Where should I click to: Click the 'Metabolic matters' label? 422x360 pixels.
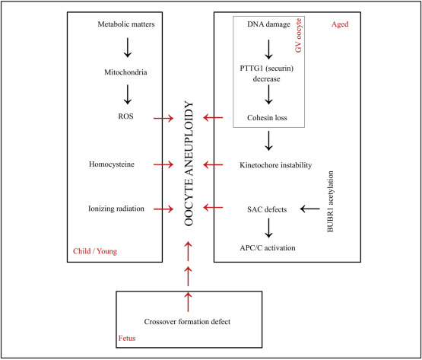[x=126, y=24]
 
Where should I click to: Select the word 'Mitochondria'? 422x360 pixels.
[x=125, y=72]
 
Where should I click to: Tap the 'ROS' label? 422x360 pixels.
[x=125, y=116]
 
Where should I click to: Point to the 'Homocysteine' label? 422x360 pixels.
[x=112, y=164]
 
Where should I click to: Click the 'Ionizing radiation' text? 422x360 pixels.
[x=116, y=209]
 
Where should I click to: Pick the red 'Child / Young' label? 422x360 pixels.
[x=95, y=251]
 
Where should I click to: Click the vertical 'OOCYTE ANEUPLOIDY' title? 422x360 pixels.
[x=189, y=164]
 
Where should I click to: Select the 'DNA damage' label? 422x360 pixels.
[x=268, y=24]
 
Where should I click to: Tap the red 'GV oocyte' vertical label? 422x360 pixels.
[x=299, y=35]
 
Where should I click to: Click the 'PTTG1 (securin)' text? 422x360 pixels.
[x=267, y=68]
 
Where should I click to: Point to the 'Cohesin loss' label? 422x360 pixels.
[x=267, y=118]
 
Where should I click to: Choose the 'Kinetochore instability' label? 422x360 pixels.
[x=275, y=165]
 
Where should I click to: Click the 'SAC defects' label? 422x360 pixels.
[x=267, y=209]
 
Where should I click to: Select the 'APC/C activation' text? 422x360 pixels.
[x=268, y=247]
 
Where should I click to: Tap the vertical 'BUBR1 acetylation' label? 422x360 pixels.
[x=330, y=201]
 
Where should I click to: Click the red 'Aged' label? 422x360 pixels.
[x=340, y=24]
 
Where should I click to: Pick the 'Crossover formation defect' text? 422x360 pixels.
[x=187, y=322]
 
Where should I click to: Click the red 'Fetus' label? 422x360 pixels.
[x=127, y=338]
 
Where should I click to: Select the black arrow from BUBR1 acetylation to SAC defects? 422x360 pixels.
[x=310, y=209]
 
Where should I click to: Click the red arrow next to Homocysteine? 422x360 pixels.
[x=163, y=164]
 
